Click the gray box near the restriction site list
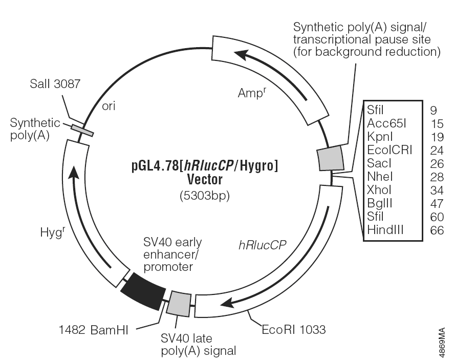click(x=330, y=158)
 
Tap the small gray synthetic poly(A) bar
click(x=82, y=131)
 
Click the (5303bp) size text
click(x=204, y=195)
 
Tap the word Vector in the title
click(x=204, y=180)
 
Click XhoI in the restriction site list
click(x=379, y=190)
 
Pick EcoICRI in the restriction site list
click(x=390, y=150)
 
